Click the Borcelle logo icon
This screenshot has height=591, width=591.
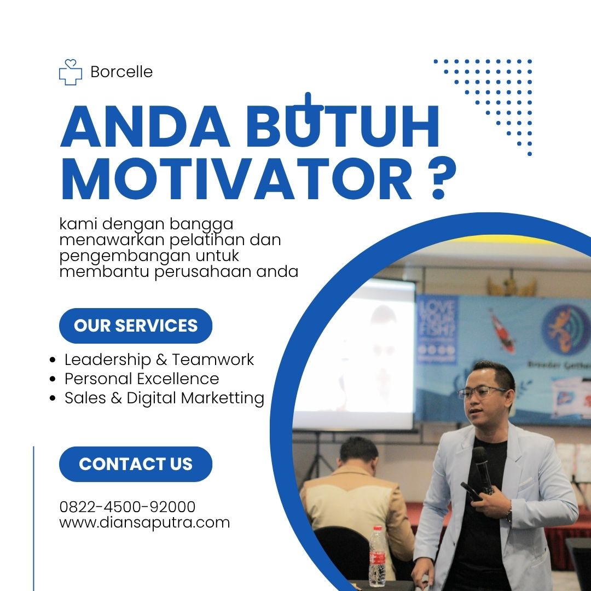point(71,72)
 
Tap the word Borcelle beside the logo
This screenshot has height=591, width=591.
point(121,72)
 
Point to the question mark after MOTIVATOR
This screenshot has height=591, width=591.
point(442,178)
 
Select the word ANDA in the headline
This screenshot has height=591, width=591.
point(145,126)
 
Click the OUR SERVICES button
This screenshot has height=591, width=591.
point(136,326)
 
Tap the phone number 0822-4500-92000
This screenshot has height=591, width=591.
point(128,507)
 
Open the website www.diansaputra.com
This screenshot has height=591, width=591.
point(144,523)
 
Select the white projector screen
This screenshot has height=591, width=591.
point(354,354)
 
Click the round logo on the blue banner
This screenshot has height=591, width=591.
point(565,329)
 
